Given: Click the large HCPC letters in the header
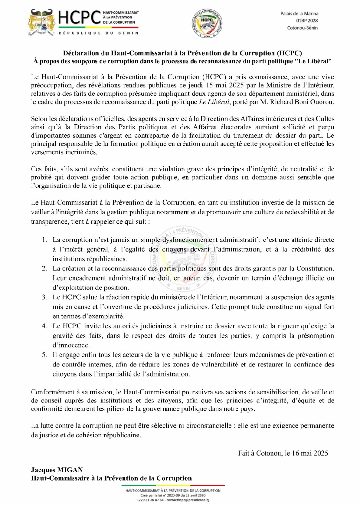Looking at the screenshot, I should tap(80, 18).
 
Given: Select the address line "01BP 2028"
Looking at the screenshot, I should tap(307, 21).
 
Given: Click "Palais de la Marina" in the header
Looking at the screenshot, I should tap(299, 14).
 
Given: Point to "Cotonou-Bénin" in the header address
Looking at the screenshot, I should tap(302, 28).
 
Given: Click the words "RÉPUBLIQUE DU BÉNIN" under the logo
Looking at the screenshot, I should tap(98, 33).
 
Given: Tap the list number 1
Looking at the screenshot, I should tap(45, 240).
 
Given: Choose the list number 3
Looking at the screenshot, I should tap(45, 297).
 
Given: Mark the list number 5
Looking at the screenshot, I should tap(45, 355).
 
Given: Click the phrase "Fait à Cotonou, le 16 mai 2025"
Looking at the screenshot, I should tap(283, 453).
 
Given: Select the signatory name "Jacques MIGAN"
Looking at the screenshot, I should tap(57, 470).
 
